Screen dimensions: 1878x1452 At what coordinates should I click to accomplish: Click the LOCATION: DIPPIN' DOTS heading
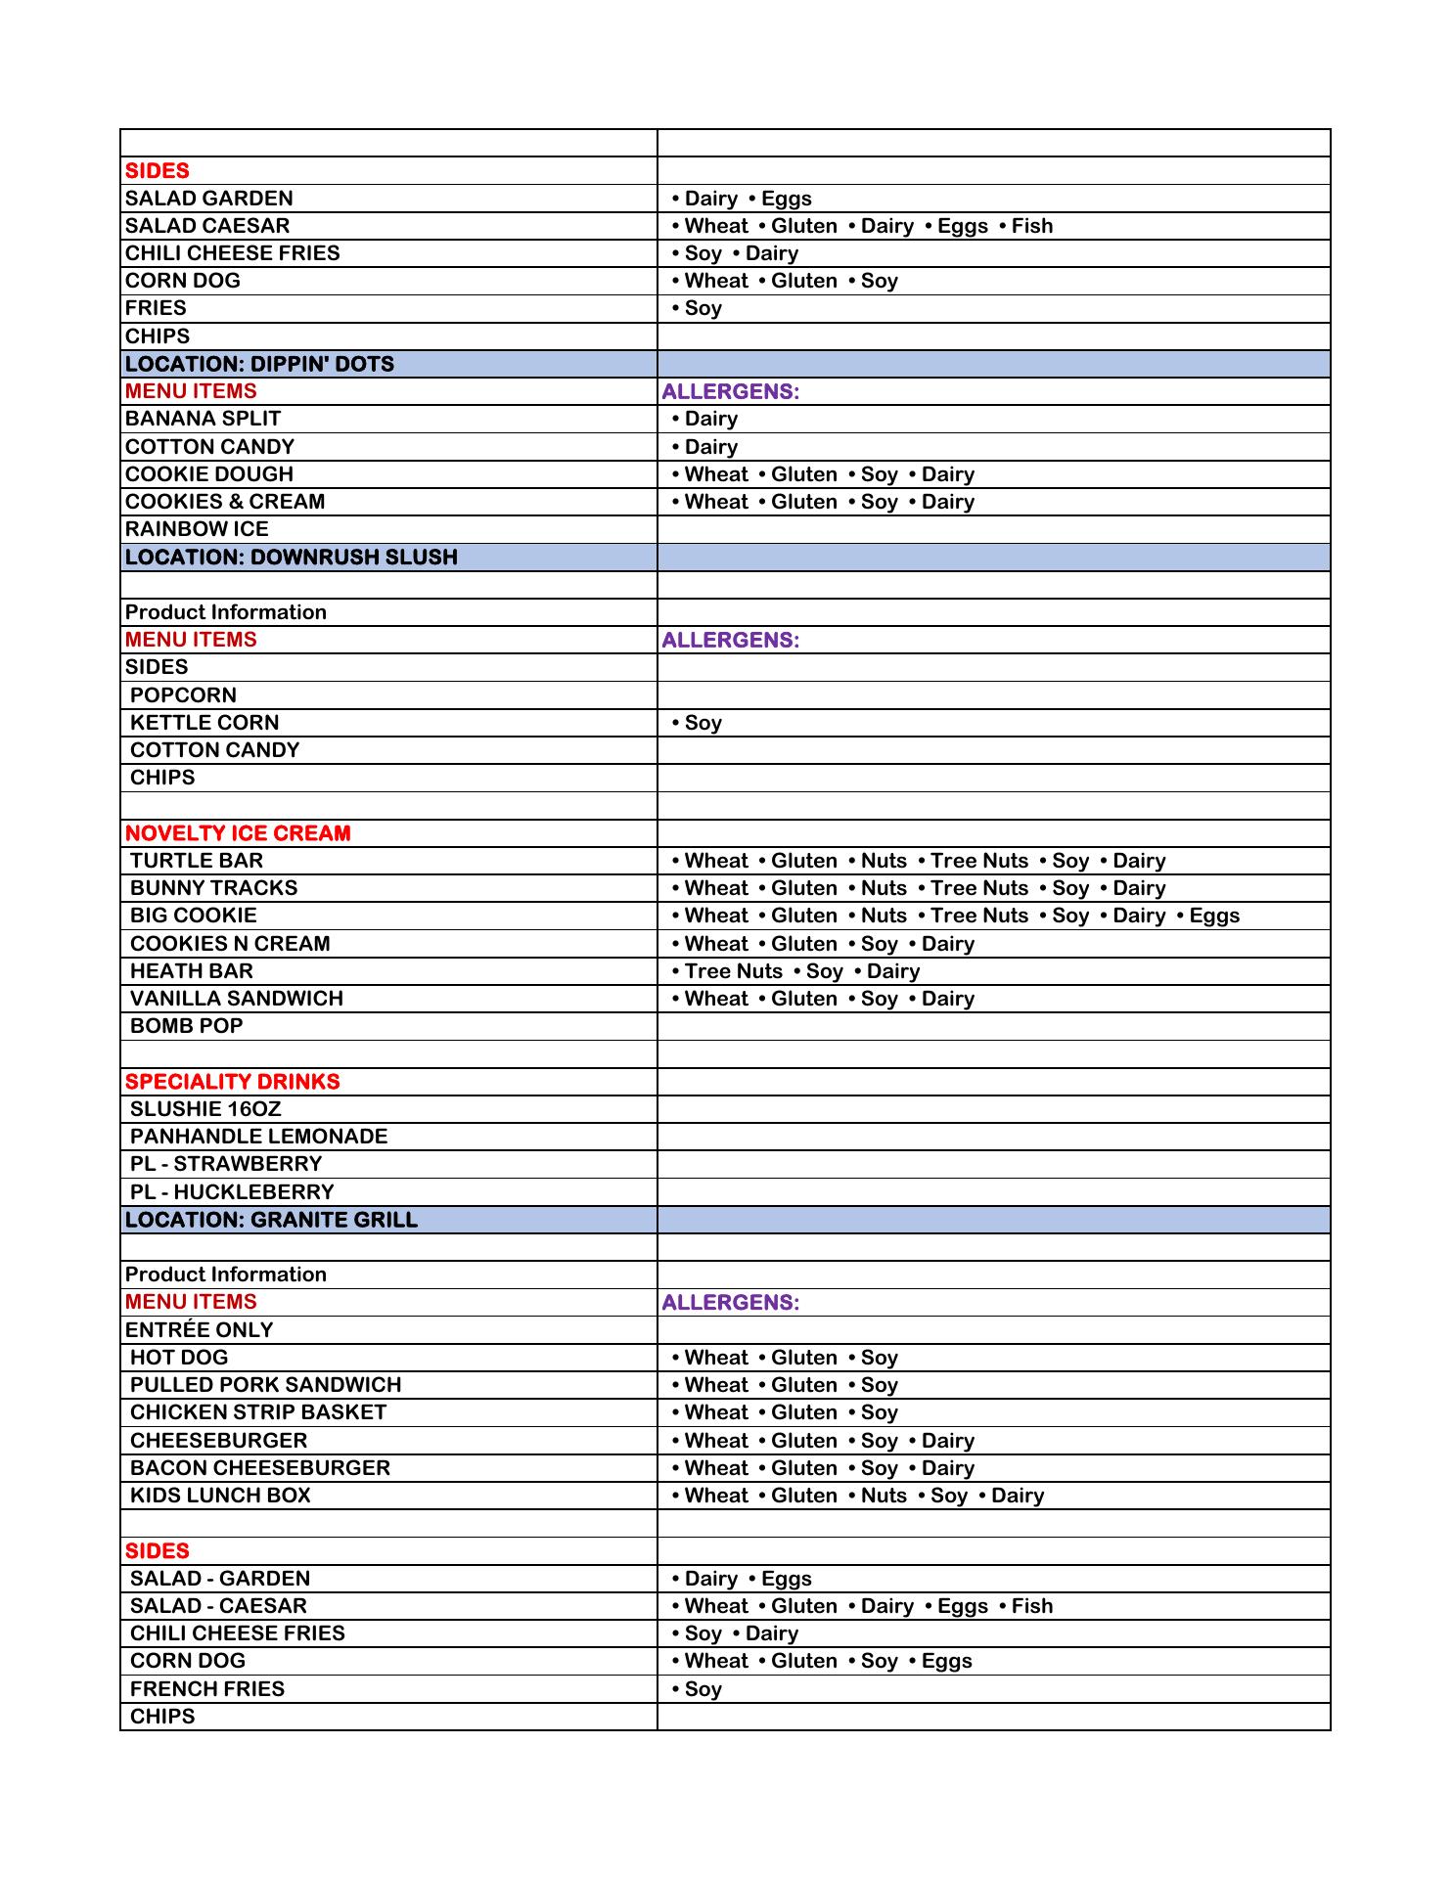coord(259,364)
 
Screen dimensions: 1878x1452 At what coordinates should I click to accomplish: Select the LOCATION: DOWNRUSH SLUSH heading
coord(291,558)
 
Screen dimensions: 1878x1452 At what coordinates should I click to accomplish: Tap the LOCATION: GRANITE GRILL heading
coord(271,1220)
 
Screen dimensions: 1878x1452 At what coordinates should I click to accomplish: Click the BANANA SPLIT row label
coord(203,419)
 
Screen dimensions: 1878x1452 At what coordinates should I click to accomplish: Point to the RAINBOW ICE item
coord(197,529)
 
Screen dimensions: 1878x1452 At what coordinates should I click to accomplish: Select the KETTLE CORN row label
coord(204,723)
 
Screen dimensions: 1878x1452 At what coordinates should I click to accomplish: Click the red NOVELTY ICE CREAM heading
coord(238,833)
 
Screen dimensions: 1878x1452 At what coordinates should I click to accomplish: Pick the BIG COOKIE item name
coord(194,916)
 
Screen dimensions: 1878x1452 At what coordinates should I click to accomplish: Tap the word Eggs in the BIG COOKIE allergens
coord(1214,916)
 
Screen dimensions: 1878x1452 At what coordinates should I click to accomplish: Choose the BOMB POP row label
coord(186,1026)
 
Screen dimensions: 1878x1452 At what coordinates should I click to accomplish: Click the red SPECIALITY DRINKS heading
coord(233,1082)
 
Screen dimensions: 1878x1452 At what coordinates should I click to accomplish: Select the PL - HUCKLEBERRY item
coord(232,1192)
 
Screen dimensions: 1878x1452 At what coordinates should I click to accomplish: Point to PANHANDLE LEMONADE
coord(258,1137)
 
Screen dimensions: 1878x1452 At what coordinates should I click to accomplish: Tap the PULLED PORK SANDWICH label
coord(265,1385)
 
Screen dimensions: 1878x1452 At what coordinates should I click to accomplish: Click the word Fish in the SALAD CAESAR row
coord(1032,226)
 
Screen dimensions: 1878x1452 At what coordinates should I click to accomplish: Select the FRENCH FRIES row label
coord(207,1689)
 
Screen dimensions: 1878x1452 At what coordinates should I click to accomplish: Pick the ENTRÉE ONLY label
coord(200,1330)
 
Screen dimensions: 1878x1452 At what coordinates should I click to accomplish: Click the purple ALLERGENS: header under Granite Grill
coord(730,1303)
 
